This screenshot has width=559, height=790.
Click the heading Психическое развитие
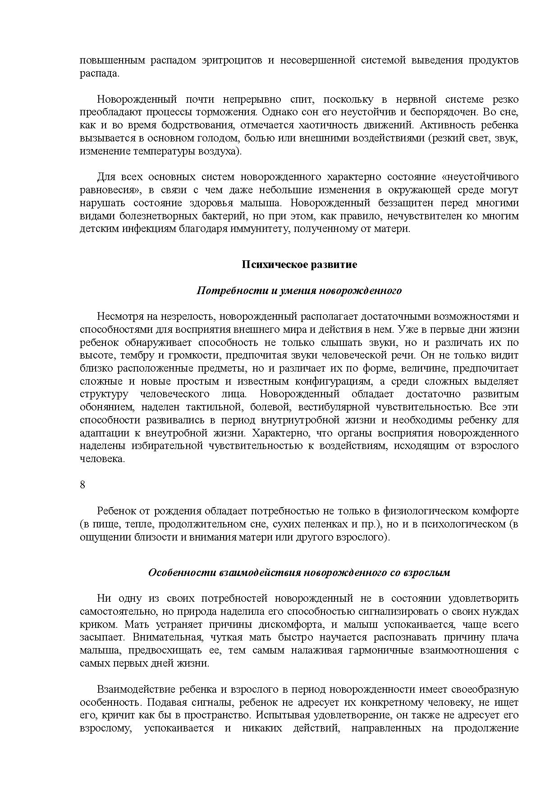coord(299,264)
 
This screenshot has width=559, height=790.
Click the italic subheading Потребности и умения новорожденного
coord(299,291)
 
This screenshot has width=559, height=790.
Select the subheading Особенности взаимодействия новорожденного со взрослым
coord(299,573)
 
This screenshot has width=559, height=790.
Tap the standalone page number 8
coord(82,485)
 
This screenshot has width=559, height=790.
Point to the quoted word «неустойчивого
coord(481,177)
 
